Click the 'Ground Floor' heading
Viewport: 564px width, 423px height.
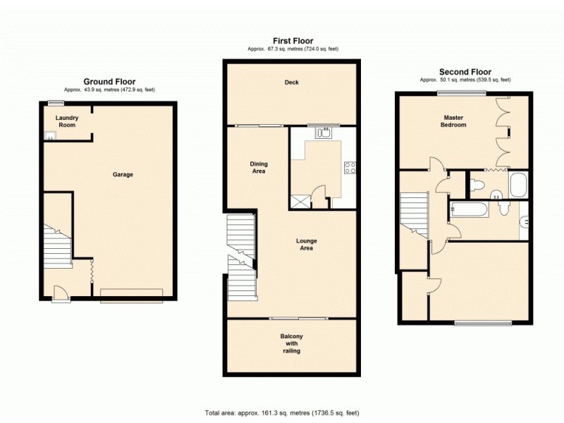[x=109, y=82]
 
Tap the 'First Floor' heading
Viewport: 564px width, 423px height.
[x=293, y=41]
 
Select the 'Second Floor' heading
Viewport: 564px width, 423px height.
[x=465, y=72]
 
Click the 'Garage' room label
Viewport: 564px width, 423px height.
[x=123, y=175]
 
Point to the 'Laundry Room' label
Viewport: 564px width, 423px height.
[x=67, y=121]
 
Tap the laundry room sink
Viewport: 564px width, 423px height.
[x=50, y=136]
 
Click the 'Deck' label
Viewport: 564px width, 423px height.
[x=291, y=82]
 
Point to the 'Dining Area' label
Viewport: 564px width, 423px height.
[x=259, y=168]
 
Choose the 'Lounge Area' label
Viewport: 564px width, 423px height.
[x=305, y=245]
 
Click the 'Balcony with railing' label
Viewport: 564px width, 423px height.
[x=291, y=343]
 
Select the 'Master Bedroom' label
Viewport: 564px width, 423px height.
[x=454, y=121]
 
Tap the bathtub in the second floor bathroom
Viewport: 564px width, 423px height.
[x=468, y=210]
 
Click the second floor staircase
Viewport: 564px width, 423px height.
[x=415, y=215]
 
